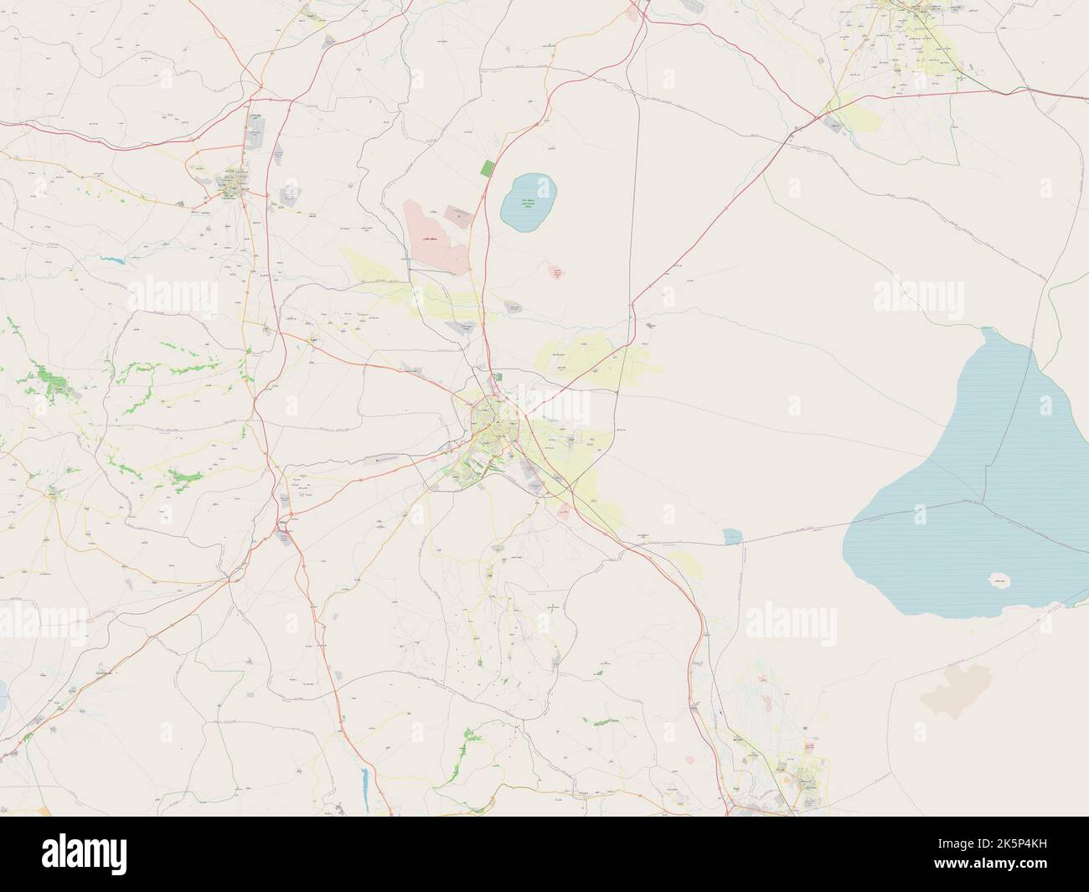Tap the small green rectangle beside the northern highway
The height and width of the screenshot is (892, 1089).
[x=488, y=168]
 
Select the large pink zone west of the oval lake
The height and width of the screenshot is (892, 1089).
[x=436, y=234]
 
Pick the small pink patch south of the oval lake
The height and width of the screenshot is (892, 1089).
[x=555, y=272]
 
